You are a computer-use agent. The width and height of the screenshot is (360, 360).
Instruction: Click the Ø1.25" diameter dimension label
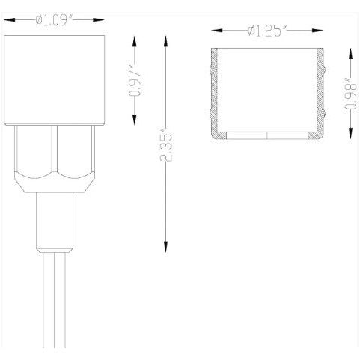267,31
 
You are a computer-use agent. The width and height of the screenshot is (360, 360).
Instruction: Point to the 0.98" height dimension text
350,94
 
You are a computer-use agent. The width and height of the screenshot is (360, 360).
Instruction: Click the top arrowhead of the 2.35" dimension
165,38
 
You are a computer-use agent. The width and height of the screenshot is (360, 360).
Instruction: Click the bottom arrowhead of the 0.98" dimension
350,135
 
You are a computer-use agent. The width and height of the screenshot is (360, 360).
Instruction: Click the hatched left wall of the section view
215,94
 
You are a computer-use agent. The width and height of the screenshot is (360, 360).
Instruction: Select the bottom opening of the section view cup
267,136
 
